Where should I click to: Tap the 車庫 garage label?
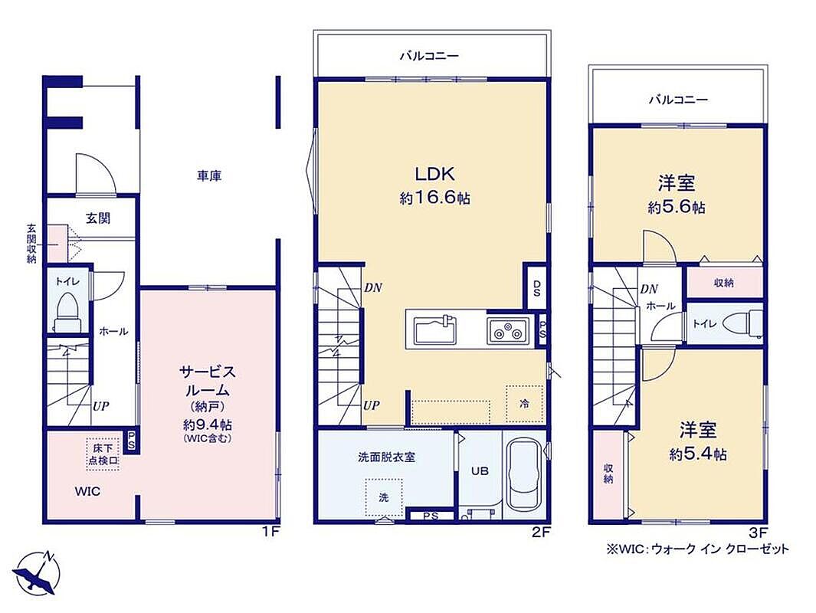pos(209,176)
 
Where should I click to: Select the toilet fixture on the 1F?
pos(68,312)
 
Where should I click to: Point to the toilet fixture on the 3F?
pos(747,323)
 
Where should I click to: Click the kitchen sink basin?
pos(435,330)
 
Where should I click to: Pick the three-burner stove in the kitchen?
pos(508,330)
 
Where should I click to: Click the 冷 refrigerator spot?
pos(525,404)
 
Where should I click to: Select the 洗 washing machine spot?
pos(384,497)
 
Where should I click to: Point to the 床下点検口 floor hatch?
pos(103,454)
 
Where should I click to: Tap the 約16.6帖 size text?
pos(434,198)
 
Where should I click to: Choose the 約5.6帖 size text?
pos(677,208)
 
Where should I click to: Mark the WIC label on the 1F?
pos(87,492)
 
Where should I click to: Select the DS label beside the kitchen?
pos(536,288)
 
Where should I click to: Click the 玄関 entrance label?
pos(98,218)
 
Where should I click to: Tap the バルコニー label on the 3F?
pos(678,100)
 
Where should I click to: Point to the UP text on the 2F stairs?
pos(371,405)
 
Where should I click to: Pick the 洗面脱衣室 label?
pos(386,457)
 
